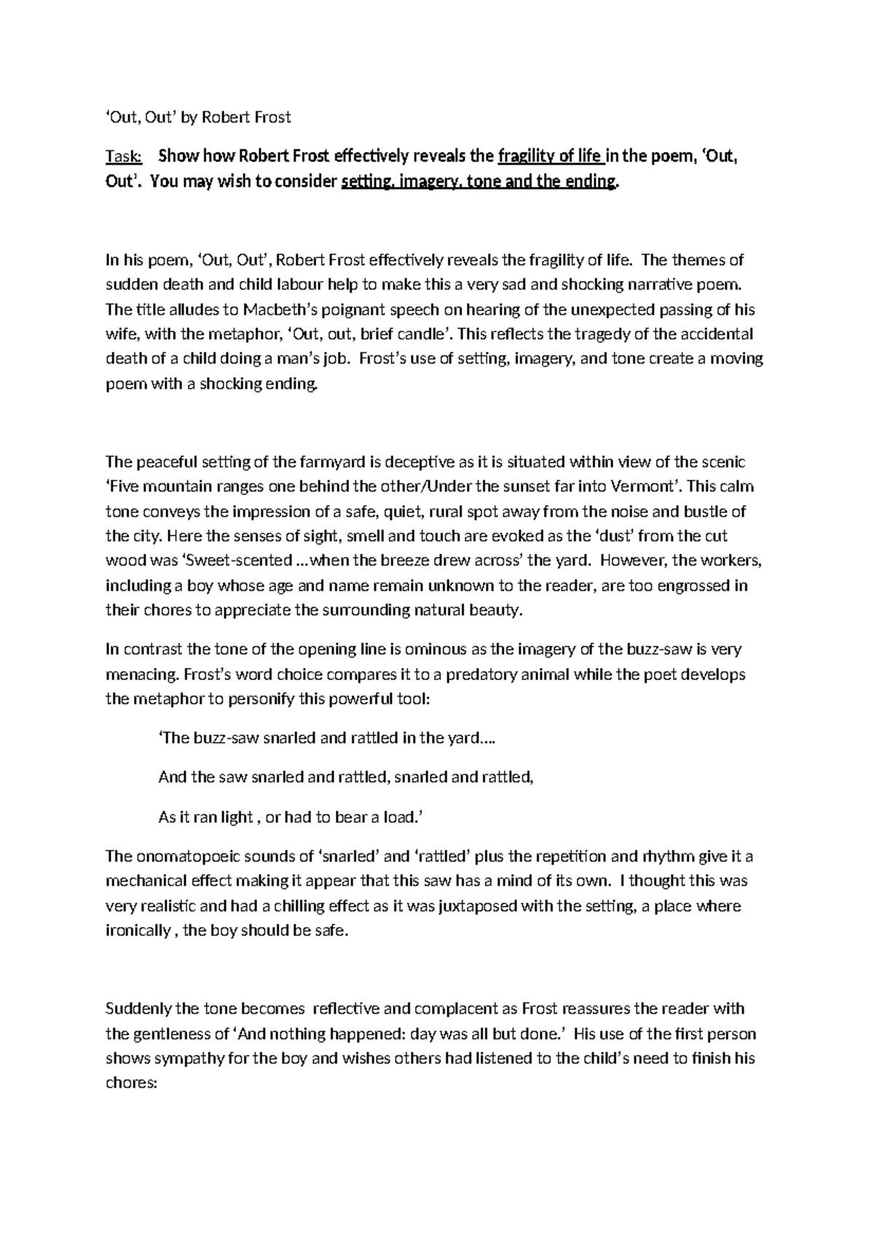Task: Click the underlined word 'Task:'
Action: [125, 157]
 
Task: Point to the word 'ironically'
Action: [138, 931]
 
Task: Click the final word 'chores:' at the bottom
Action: [131, 1084]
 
